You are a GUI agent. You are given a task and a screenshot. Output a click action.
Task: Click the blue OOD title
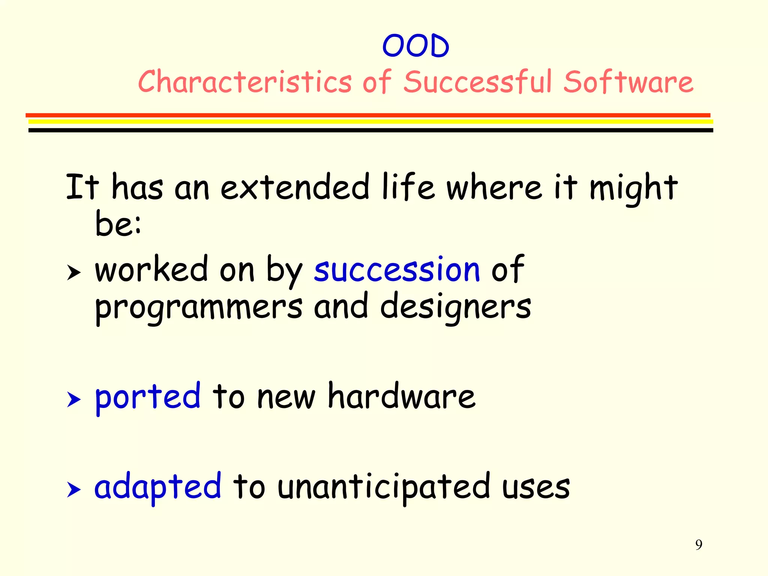click(415, 46)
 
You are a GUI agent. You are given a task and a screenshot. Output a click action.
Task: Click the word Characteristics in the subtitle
click(245, 82)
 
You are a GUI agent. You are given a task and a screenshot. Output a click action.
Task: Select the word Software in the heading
click(628, 82)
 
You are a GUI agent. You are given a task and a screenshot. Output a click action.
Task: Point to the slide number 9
click(699, 544)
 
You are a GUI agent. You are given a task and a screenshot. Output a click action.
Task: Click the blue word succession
click(397, 269)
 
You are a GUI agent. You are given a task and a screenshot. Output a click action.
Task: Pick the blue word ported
click(148, 397)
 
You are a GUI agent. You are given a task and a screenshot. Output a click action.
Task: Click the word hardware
click(402, 396)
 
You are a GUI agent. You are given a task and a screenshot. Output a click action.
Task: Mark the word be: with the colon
click(118, 224)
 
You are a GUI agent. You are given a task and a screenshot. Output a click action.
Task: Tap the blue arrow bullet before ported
click(74, 400)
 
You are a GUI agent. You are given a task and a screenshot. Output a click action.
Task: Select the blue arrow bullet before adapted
click(74, 490)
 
